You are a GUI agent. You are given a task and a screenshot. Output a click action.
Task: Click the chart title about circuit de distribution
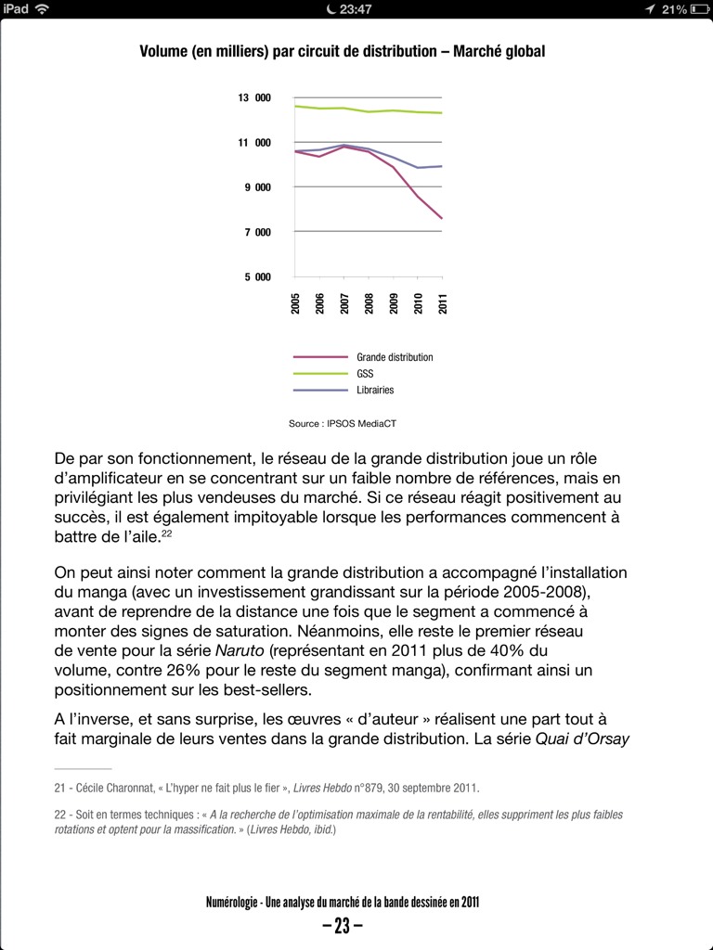click(342, 52)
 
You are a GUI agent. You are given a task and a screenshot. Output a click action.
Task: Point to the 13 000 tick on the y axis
click(254, 98)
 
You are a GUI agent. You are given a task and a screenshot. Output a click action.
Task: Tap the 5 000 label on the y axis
click(258, 277)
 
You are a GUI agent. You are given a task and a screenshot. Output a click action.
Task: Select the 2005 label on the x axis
click(295, 303)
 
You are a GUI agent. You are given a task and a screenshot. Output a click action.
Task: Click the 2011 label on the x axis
click(443, 303)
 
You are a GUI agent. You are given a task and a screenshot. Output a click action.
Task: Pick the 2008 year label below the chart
click(369, 303)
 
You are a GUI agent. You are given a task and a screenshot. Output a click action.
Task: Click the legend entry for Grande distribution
click(395, 357)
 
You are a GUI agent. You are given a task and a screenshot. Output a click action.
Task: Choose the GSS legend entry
click(365, 374)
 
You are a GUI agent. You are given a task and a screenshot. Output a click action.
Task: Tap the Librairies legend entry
click(375, 391)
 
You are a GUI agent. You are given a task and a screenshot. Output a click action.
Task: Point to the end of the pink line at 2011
click(442, 219)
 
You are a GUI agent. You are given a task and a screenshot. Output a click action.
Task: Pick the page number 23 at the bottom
click(342, 925)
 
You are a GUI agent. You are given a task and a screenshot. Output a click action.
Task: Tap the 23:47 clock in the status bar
click(356, 9)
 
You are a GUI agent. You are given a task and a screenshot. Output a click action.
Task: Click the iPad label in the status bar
click(17, 9)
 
